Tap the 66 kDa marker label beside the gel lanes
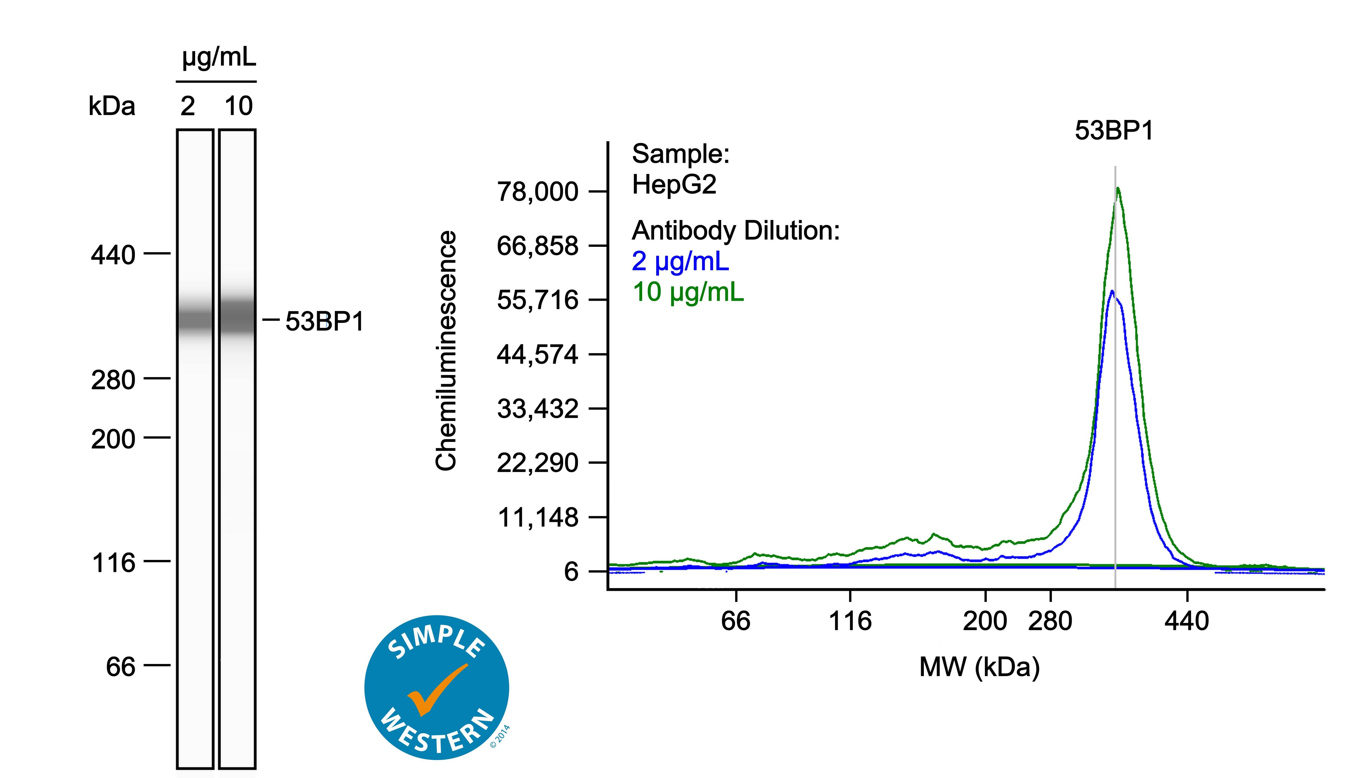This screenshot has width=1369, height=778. click(121, 667)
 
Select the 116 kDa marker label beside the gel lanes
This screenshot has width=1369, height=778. click(113, 563)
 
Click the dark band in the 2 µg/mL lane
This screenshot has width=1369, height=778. click(195, 321)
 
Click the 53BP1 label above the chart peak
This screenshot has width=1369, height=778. click(1114, 130)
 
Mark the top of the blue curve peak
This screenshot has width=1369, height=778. click(1112, 292)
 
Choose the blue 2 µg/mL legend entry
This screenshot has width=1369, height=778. click(680, 261)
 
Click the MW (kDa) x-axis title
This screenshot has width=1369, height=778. click(979, 667)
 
